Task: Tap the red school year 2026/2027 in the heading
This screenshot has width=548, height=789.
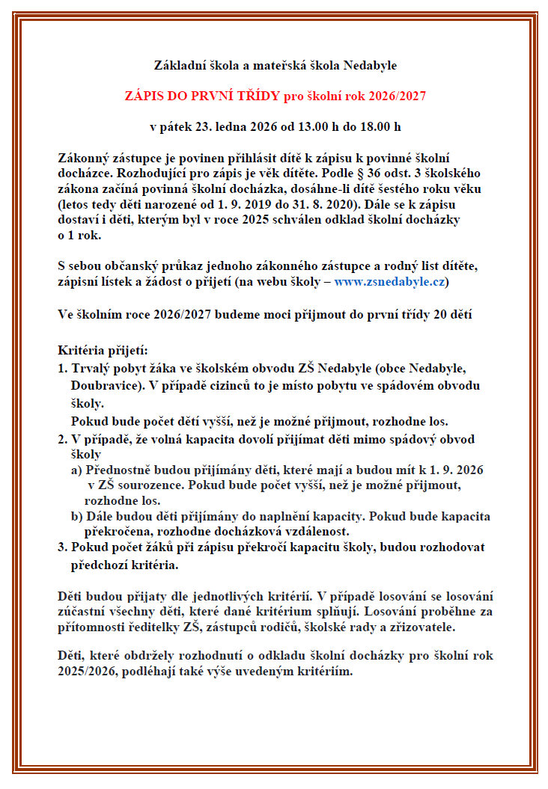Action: (x=400, y=96)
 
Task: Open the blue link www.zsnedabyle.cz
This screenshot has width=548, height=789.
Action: (x=390, y=281)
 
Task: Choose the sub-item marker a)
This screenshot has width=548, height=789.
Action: (x=76, y=470)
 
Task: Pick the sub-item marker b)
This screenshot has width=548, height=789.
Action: (x=76, y=517)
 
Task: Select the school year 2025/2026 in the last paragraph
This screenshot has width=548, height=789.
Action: (x=90, y=671)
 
